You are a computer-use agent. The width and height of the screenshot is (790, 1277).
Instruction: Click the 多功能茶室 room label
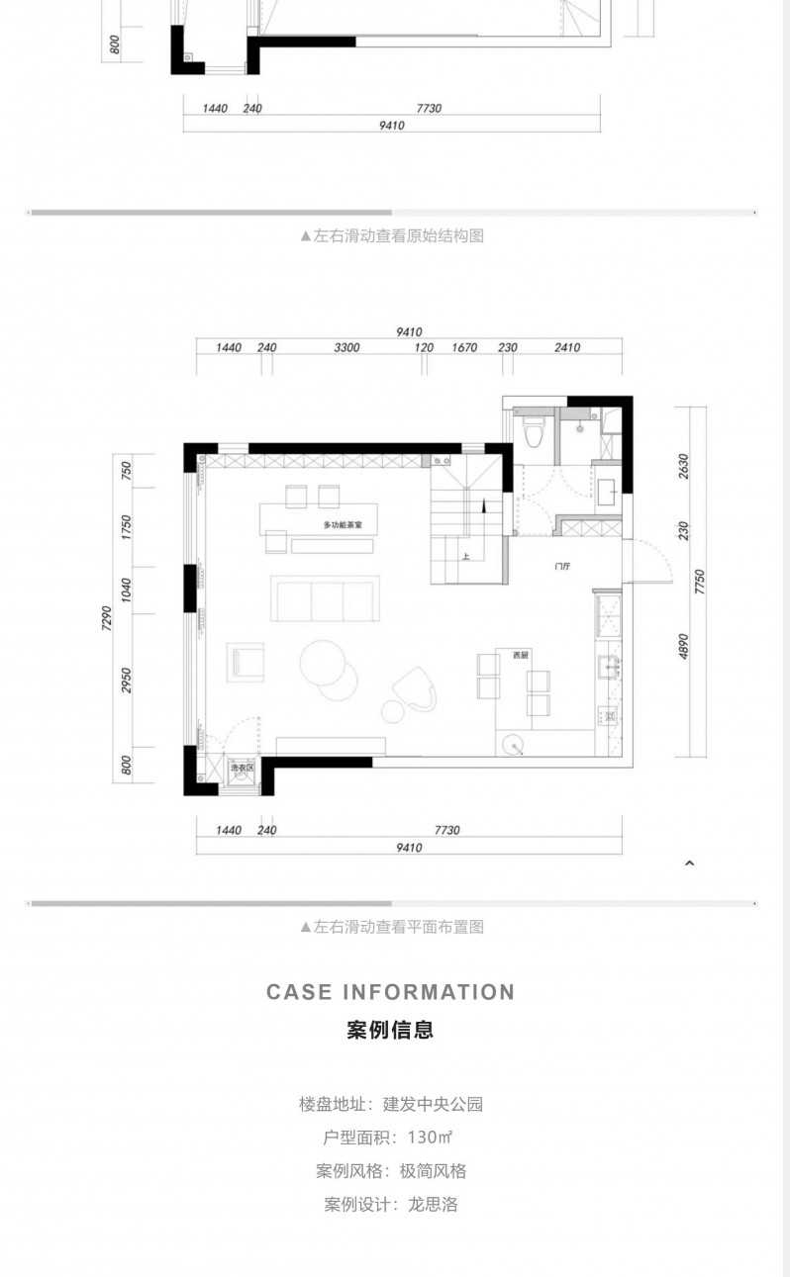pos(343,524)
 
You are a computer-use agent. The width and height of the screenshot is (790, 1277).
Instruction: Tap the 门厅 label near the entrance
pos(562,566)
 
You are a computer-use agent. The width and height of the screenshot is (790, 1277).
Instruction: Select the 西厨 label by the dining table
pos(520,655)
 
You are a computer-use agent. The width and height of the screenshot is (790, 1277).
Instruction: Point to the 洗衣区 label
pos(242,768)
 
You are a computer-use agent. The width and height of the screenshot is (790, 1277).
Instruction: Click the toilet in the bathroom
pos(535,431)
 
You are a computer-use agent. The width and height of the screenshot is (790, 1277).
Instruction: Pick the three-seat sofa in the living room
pos(325,598)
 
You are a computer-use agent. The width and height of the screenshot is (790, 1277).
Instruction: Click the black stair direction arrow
pos(484,505)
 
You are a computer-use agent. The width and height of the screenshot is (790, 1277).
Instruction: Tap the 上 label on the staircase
pos(466,557)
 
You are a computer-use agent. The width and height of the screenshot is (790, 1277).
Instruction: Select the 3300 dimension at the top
pos(346,348)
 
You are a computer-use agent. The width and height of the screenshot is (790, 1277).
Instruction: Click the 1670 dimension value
pos(464,348)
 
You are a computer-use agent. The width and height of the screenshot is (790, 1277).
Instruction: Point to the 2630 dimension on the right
pos(684,466)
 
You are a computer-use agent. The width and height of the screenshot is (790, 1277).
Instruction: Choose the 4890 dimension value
pos(684,647)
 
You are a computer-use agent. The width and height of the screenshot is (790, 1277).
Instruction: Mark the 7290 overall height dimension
pos(107,618)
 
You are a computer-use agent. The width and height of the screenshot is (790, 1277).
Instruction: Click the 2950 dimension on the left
pos(126,681)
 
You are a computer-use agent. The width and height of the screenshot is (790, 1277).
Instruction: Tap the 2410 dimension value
pos(567,348)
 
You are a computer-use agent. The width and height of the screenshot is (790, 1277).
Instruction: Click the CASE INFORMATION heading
pos(391,992)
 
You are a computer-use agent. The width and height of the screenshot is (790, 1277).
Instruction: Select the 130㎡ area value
pos(430,1138)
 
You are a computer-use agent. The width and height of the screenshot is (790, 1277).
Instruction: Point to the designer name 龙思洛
pos(433,1205)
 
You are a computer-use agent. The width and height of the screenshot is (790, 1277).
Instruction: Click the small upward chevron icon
pos(690,864)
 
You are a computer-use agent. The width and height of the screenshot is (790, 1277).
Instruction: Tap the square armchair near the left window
pos(246,662)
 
